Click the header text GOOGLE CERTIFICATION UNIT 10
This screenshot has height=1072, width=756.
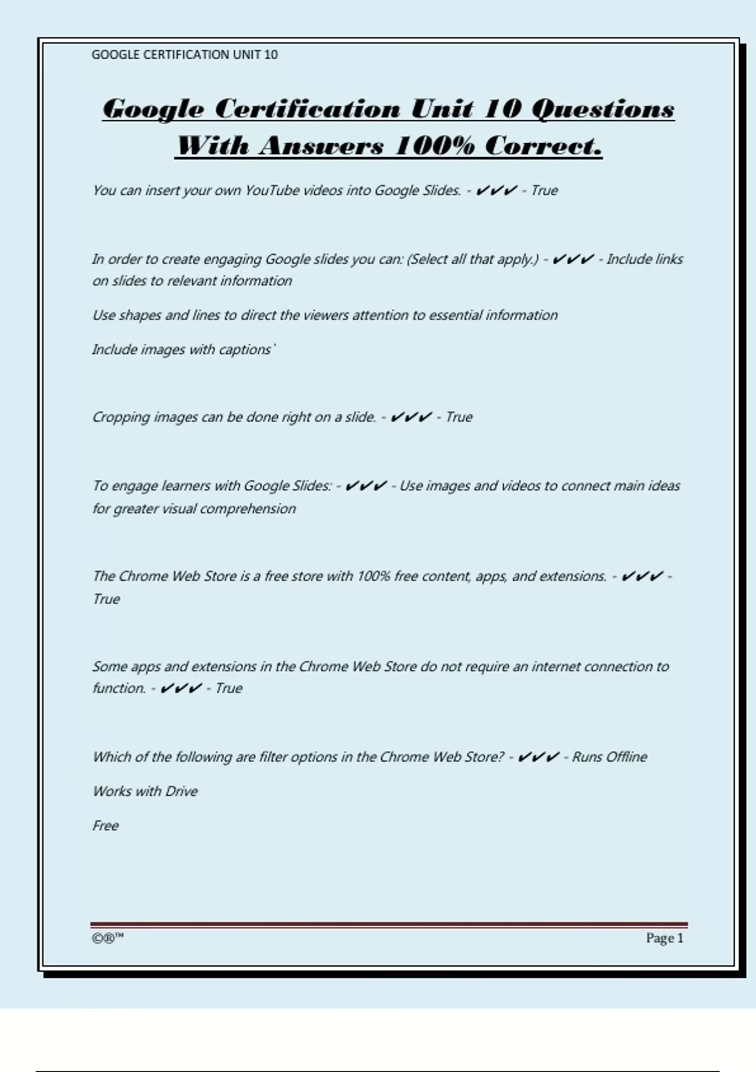click(x=184, y=55)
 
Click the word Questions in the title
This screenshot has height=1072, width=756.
click(x=603, y=108)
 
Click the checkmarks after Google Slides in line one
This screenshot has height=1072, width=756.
click(x=496, y=190)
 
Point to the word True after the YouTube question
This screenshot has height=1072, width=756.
click(x=544, y=190)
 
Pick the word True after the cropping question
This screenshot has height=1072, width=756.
click(x=459, y=417)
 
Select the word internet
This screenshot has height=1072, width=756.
click(x=556, y=667)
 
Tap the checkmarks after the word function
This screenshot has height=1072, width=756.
click(x=181, y=689)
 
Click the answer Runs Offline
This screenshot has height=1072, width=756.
click(x=609, y=757)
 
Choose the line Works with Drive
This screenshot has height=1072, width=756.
click(x=145, y=791)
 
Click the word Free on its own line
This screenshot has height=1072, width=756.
click(x=105, y=826)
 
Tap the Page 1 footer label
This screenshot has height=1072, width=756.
click(x=664, y=938)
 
